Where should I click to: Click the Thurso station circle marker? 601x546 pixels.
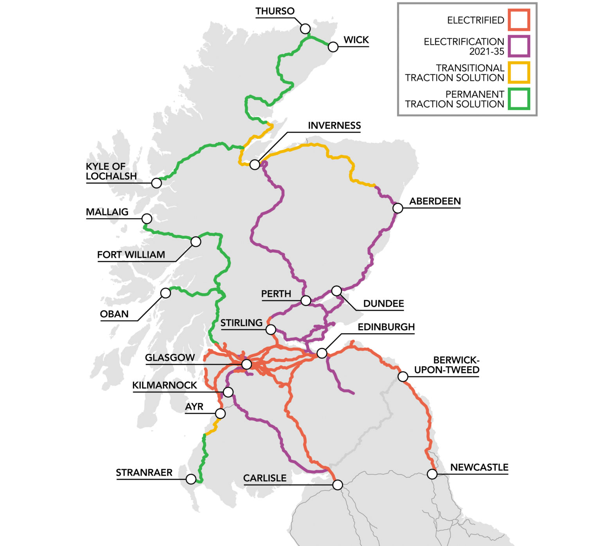306,29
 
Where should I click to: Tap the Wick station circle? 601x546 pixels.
333,47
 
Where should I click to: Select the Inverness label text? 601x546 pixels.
334,126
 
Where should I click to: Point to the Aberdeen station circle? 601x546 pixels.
398,208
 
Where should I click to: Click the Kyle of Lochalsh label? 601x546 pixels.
111,171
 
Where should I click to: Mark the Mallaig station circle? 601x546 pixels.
147,218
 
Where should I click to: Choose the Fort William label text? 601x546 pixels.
131,255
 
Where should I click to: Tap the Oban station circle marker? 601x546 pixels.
166,293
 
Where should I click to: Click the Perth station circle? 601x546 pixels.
306,300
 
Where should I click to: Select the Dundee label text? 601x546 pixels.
383,304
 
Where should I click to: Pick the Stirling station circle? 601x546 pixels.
271,330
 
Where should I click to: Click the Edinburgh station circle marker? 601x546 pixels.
322,353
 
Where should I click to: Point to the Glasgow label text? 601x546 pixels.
170,358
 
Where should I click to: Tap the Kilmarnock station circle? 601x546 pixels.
228,392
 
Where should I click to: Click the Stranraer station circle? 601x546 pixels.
191,479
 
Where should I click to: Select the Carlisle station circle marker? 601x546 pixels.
337,485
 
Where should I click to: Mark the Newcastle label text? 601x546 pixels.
479,467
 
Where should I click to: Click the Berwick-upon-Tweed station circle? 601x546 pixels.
403,377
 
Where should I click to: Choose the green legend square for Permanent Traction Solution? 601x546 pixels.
519,99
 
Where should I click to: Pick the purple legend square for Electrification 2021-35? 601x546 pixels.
519,46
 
